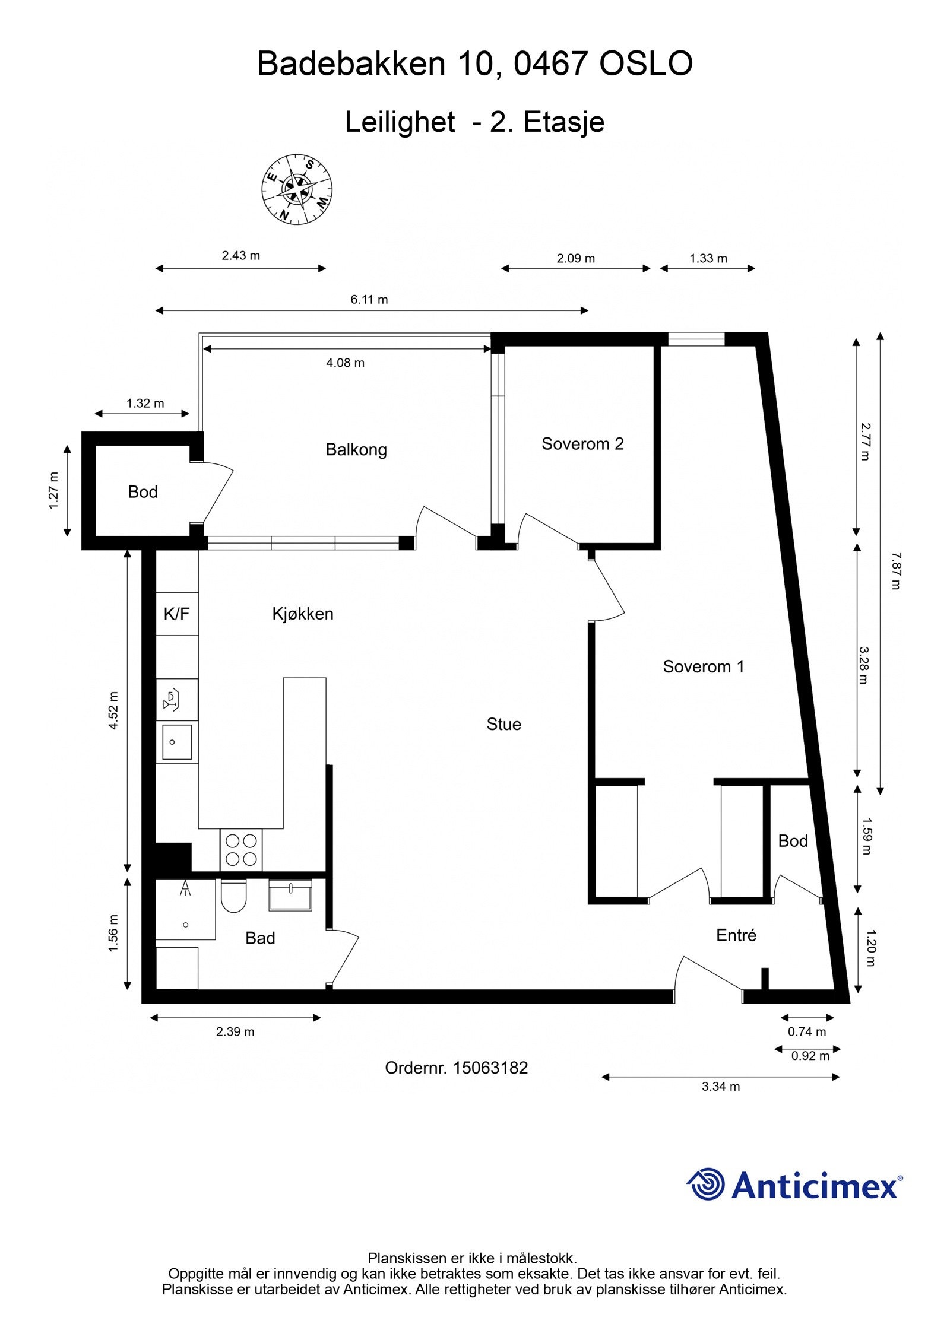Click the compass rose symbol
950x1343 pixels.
pyautogui.click(x=297, y=189)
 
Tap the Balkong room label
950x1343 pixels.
pyautogui.click(x=356, y=450)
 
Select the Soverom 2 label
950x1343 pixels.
pyautogui.click(x=582, y=444)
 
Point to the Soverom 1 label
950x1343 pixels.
pyautogui.click(x=703, y=666)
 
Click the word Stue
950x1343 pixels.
pyautogui.click(x=504, y=724)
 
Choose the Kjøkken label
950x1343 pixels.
pyautogui.click(x=303, y=614)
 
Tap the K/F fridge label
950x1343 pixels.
pyautogui.click(x=176, y=614)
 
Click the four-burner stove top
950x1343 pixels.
pyautogui.click(x=241, y=850)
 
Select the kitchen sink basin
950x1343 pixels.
pyautogui.click(x=177, y=742)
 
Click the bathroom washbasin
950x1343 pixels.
pyautogui.click(x=290, y=895)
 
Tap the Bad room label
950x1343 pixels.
pyautogui.click(x=260, y=938)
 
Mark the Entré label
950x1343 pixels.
pyautogui.click(x=736, y=935)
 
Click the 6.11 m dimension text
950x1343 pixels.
pyautogui.click(x=369, y=299)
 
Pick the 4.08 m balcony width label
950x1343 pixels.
pyautogui.click(x=345, y=363)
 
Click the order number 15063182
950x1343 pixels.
pyautogui.click(x=490, y=1068)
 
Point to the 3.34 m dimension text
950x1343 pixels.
pyautogui.click(x=721, y=1087)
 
